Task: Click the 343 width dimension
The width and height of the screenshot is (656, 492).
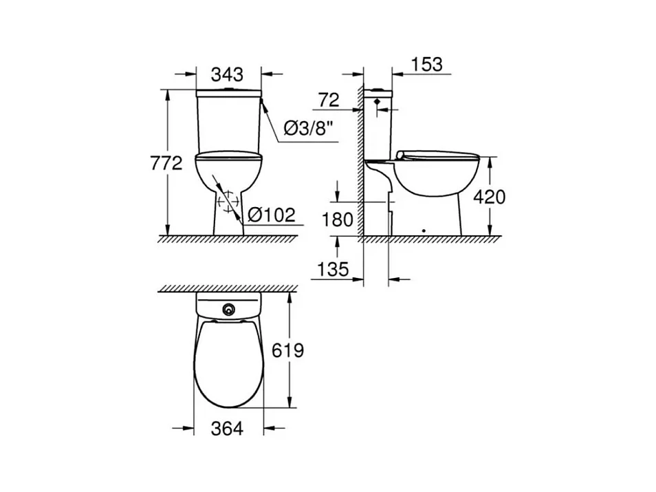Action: coord(227,74)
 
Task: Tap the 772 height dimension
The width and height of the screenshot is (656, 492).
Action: coord(166,163)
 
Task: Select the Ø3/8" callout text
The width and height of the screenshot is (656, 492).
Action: coord(310,128)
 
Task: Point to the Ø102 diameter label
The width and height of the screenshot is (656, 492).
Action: coord(272,215)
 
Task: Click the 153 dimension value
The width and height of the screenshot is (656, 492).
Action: coord(427,65)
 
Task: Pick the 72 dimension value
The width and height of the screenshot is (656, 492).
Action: coord(329,100)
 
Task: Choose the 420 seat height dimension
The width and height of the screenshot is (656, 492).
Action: coord(490,197)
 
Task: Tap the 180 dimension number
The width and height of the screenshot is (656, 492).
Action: coord(337,220)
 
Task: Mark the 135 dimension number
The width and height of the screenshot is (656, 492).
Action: coord(333,269)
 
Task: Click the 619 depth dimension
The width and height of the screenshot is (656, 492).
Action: coord(288,350)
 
